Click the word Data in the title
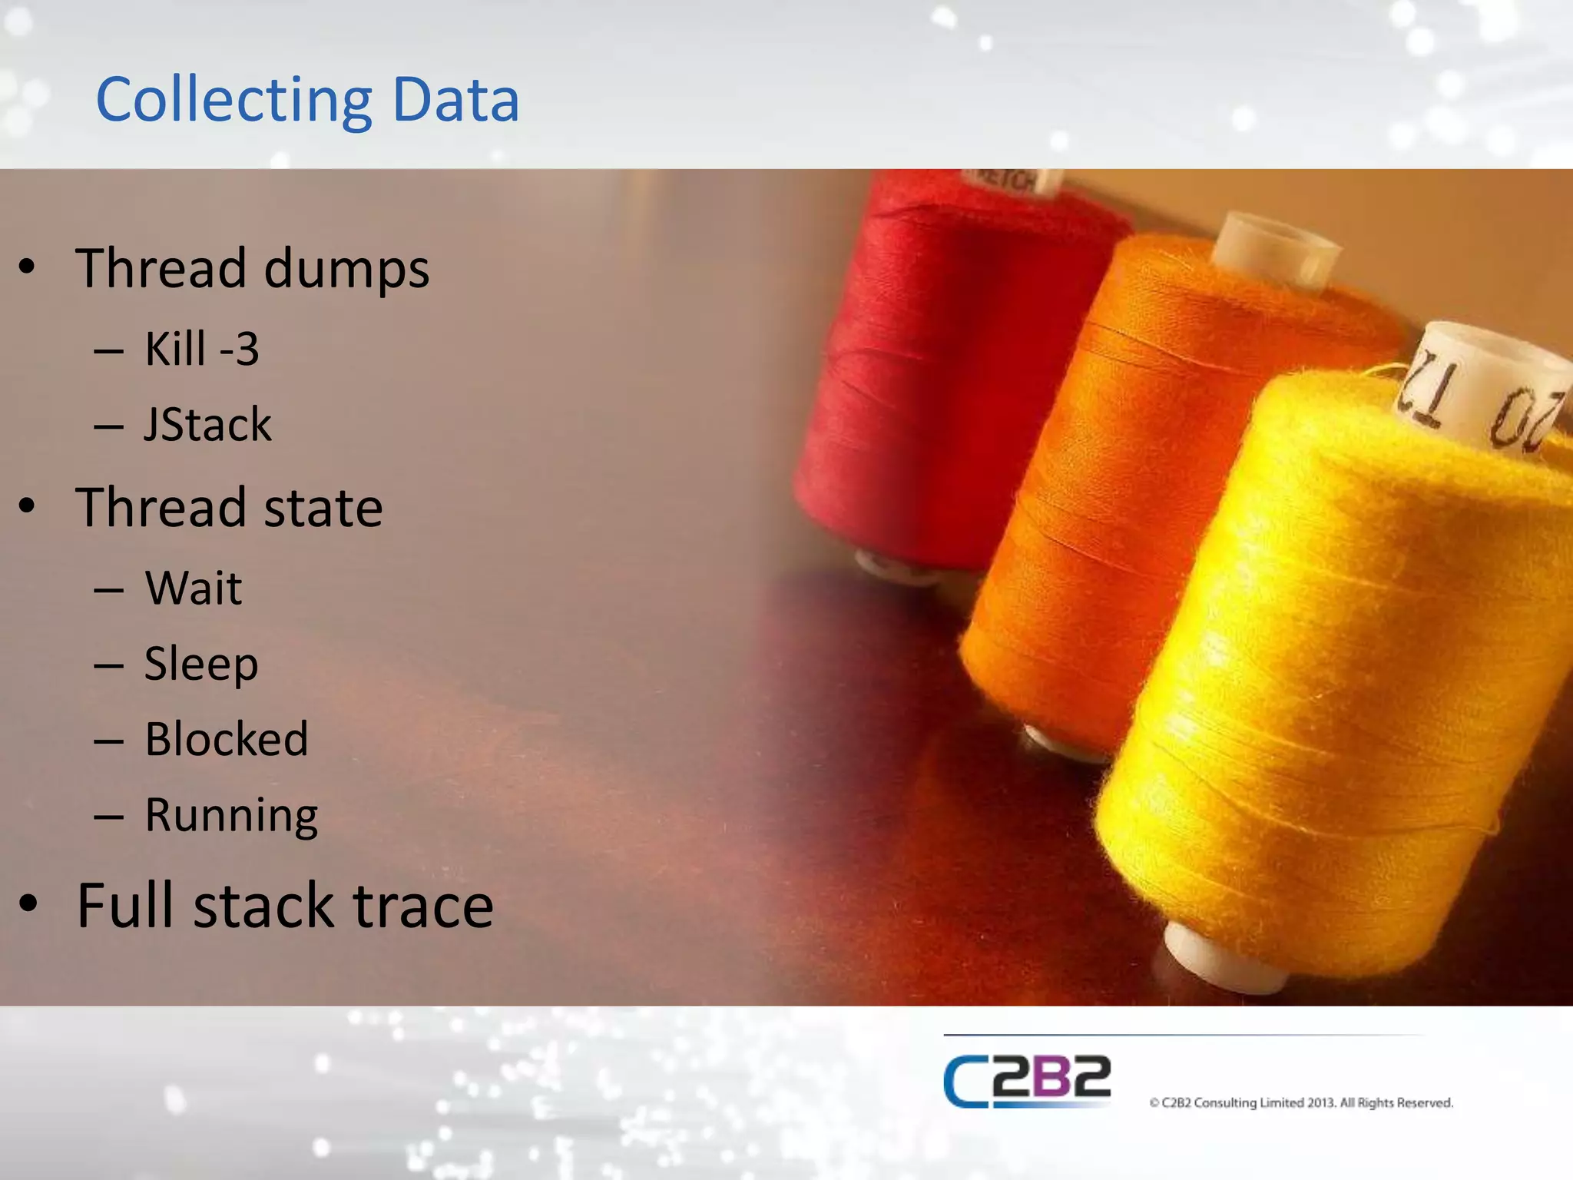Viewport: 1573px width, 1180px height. click(x=455, y=101)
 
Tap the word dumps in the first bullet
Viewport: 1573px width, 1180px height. click(x=346, y=270)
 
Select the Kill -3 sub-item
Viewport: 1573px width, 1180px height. click(x=202, y=349)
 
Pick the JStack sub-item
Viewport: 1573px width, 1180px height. click(x=207, y=424)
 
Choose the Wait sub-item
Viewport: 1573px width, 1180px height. click(x=194, y=588)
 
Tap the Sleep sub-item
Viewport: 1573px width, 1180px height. click(x=201, y=664)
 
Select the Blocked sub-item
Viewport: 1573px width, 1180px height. click(x=227, y=739)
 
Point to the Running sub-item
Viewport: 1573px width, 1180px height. click(x=231, y=815)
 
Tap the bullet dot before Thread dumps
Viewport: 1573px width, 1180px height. click(x=28, y=268)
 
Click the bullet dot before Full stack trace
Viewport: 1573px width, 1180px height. click(x=28, y=904)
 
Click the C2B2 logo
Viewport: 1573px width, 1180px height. click(x=1027, y=1081)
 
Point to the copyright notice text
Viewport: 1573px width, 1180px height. click(x=1301, y=1103)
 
